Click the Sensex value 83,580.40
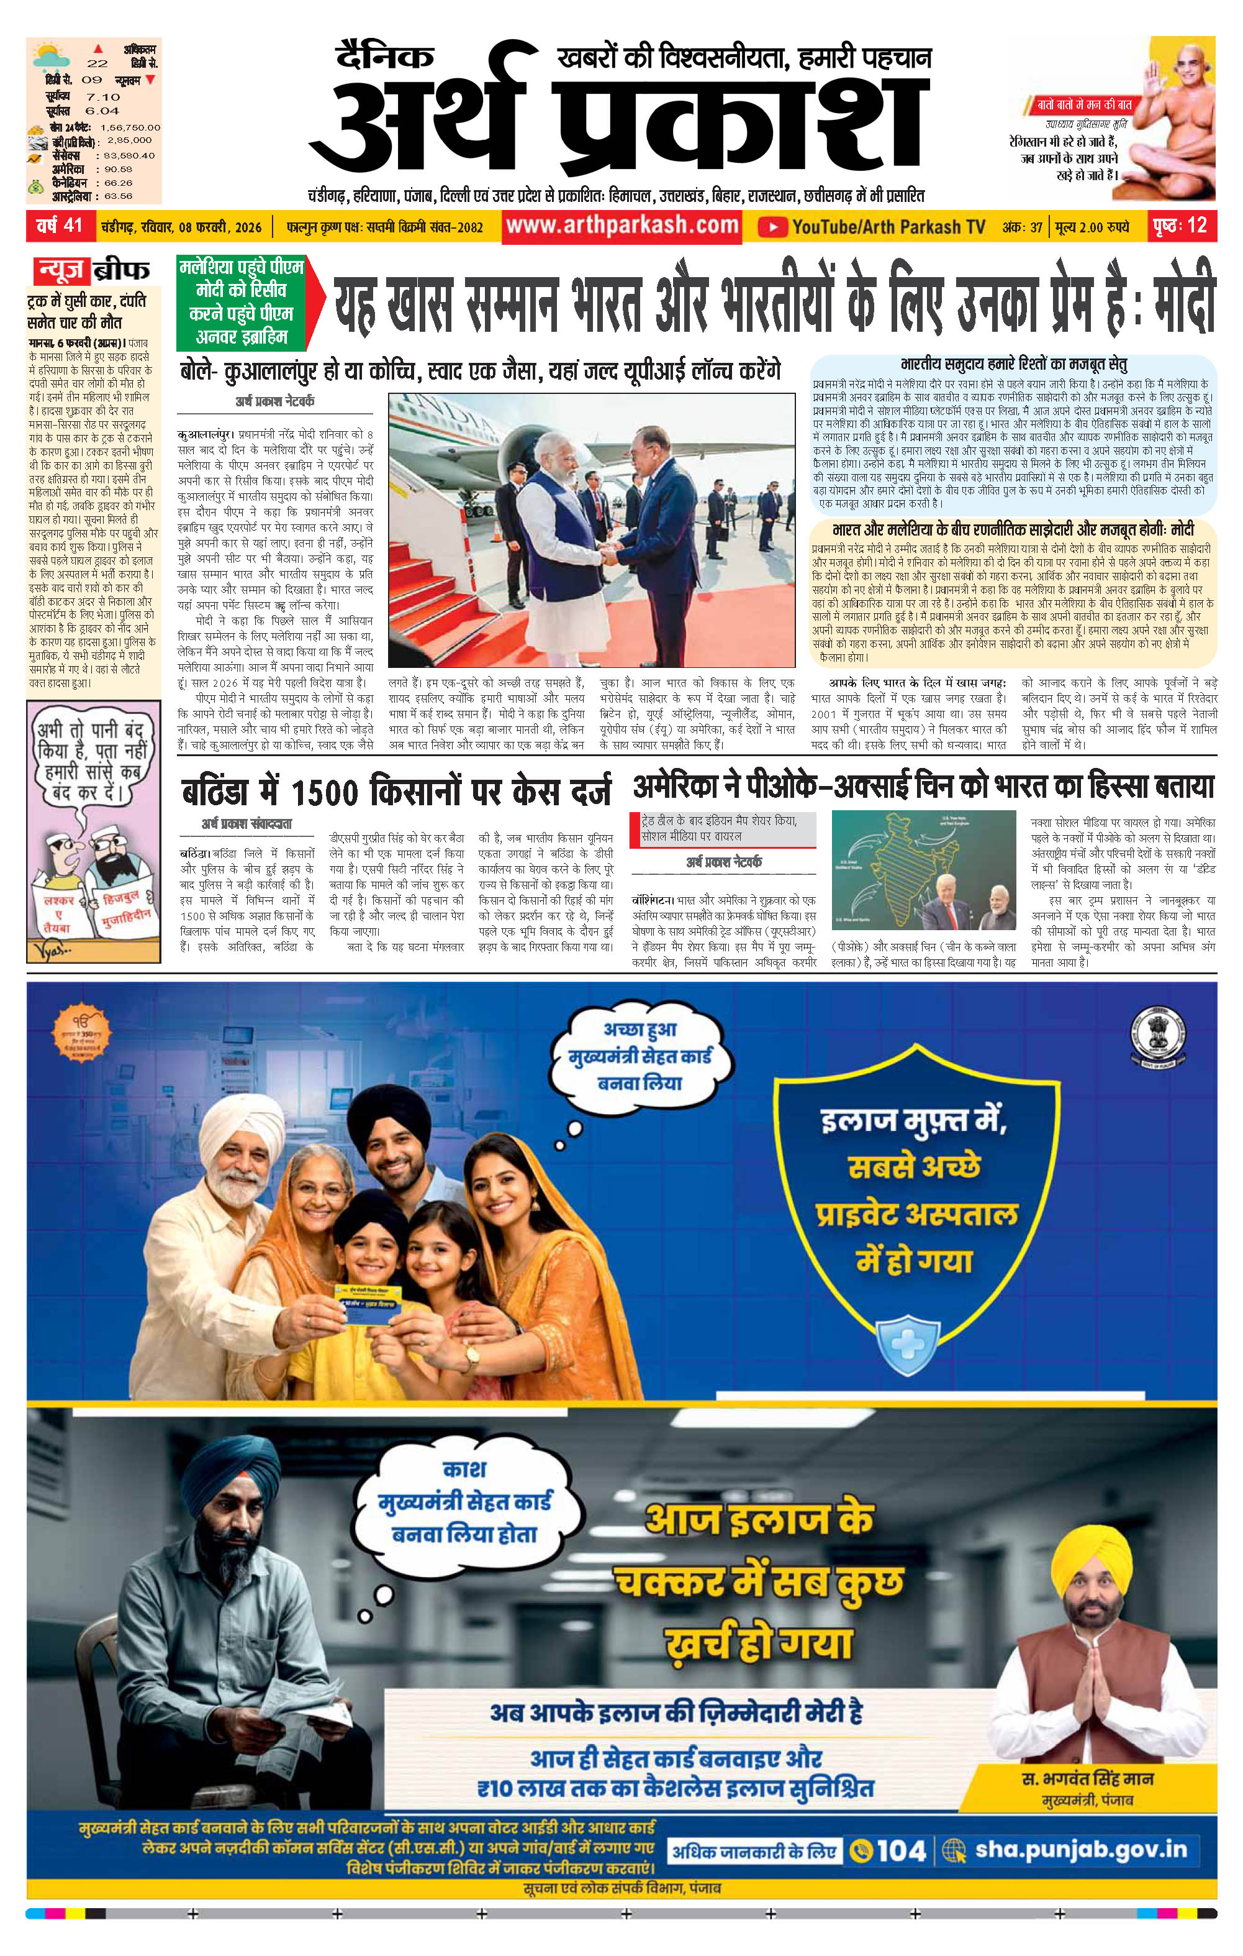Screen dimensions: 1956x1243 point(127,155)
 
